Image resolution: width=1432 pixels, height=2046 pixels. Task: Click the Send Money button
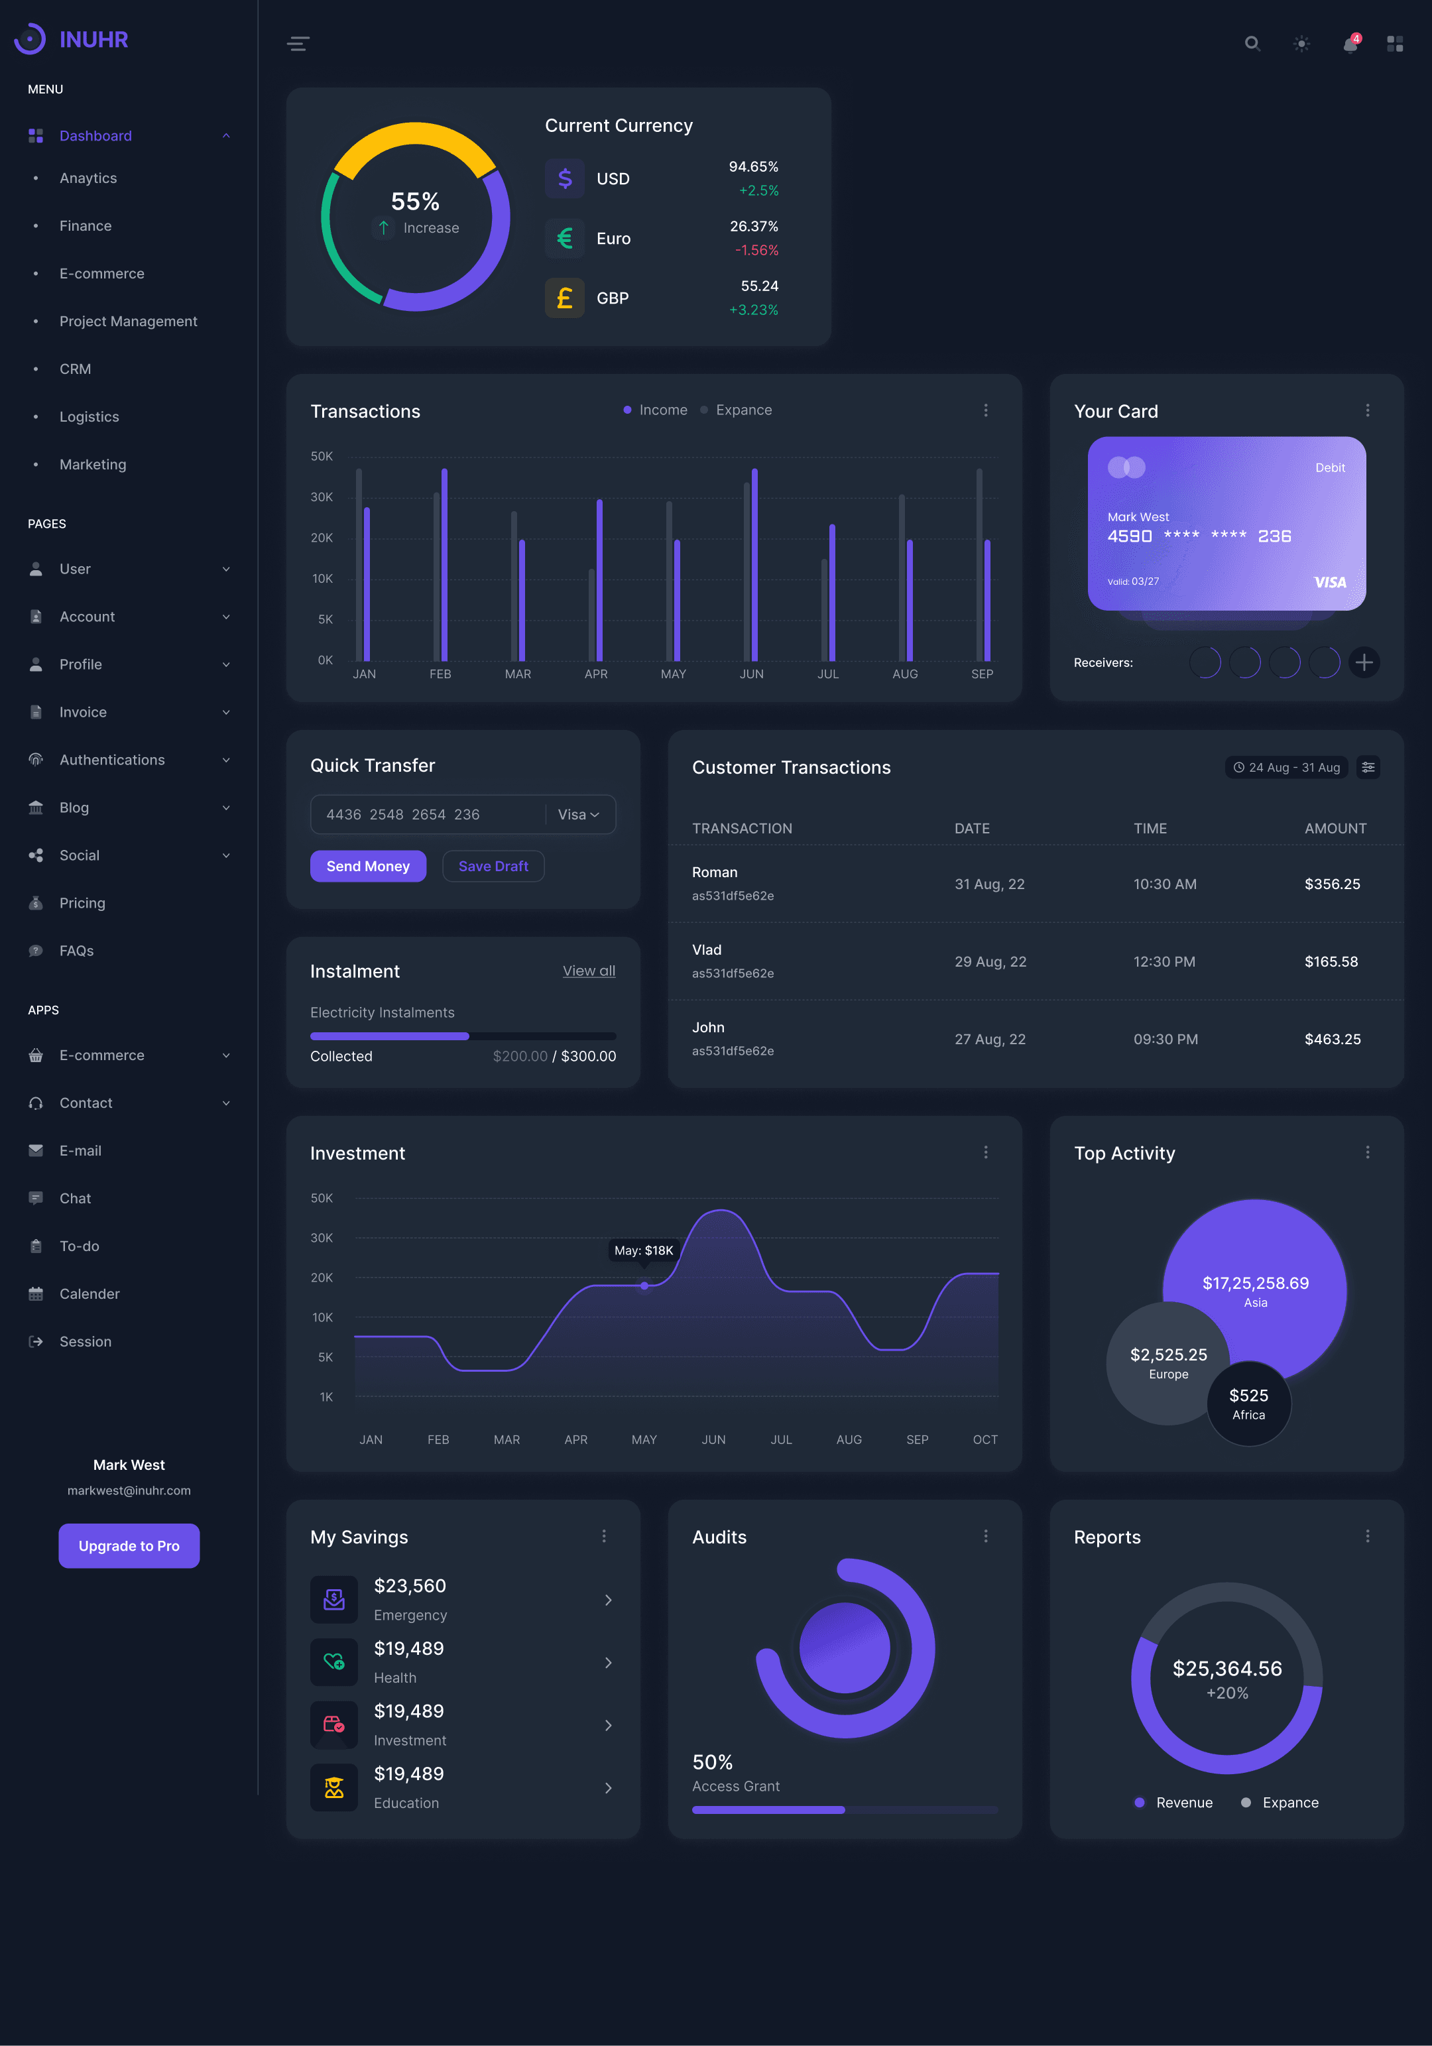pyautogui.click(x=368, y=866)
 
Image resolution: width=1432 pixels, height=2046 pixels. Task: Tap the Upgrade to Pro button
pyautogui.click(x=129, y=1545)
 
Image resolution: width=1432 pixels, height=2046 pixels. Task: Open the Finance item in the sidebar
pyautogui.click(x=86, y=226)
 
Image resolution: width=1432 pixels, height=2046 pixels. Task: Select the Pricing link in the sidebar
pyautogui.click(x=82, y=903)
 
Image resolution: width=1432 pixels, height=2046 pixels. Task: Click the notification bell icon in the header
pyautogui.click(x=1350, y=44)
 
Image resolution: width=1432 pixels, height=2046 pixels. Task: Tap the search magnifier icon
pyautogui.click(x=1252, y=44)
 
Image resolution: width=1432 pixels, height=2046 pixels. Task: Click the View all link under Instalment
pyautogui.click(x=588, y=971)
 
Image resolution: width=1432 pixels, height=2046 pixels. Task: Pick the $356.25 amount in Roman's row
pyautogui.click(x=1331, y=884)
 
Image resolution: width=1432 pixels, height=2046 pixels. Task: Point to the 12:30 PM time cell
pyautogui.click(x=1163, y=961)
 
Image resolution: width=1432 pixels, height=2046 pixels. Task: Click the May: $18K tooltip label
pyautogui.click(x=643, y=1250)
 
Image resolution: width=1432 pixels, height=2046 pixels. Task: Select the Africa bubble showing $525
pyautogui.click(x=1248, y=1404)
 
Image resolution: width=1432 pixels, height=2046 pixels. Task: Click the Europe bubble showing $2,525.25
pyautogui.click(x=1167, y=1362)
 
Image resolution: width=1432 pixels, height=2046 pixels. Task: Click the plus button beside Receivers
pyautogui.click(x=1364, y=662)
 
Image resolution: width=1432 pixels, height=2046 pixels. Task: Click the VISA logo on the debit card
pyautogui.click(x=1329, y=582)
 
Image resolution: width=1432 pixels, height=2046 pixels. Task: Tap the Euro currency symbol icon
pyautogui.click(x=564, y=239)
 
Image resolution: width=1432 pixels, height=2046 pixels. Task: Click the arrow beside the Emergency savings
pyautogui.click(x=608, y=1600)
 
